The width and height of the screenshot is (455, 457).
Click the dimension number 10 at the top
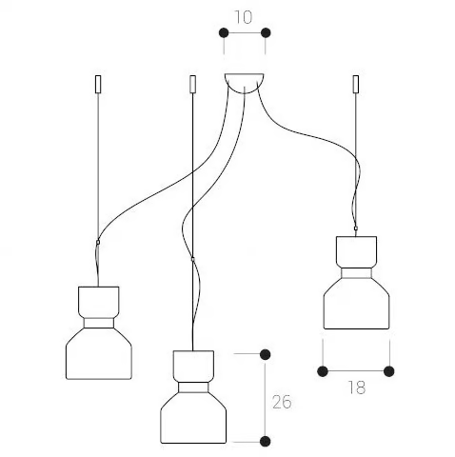pyautogui.click(x=244, y=17)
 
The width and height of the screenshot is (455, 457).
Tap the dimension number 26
pyautogui.click(x=282, y=402)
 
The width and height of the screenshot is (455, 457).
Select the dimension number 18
pyautogui.click(x=357, y=387)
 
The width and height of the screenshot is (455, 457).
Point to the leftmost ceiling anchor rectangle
pyautogui.click(x=98, y=84)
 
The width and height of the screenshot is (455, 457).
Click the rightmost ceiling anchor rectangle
pyautogui.click(x=356, y=84)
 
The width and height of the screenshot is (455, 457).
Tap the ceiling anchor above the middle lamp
pyautogui.click(x=192, y=84)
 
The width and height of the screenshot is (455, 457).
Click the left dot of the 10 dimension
pyautogui.click(x=224, y=32)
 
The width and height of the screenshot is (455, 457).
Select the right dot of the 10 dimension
pyautogui.click(x=266, y=32)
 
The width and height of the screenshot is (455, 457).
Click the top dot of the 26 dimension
pyautogui.click(x=265, y=354)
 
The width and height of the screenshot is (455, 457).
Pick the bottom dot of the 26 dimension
pyautogui.click(x=265, y=441)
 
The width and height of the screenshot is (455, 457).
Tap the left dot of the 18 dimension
pyautogui.click(x=323, y=371)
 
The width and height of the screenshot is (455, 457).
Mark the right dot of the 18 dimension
pyautogui.click(x=389, y=371)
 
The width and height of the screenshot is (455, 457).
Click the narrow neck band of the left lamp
pyautogui.click(x=99, y=323)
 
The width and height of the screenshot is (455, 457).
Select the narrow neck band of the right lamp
pyautogui.click(x=356, y=273)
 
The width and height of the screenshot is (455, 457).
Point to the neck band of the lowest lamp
pyautogui.click(x=193, y=387)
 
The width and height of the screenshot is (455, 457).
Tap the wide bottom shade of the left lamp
pyautogui.click(x=99, y=353)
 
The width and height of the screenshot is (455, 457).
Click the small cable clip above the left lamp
pyautogui.click(x=98, y=242)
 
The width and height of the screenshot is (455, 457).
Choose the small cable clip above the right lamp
pyautogui.click(x=355, y=228)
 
